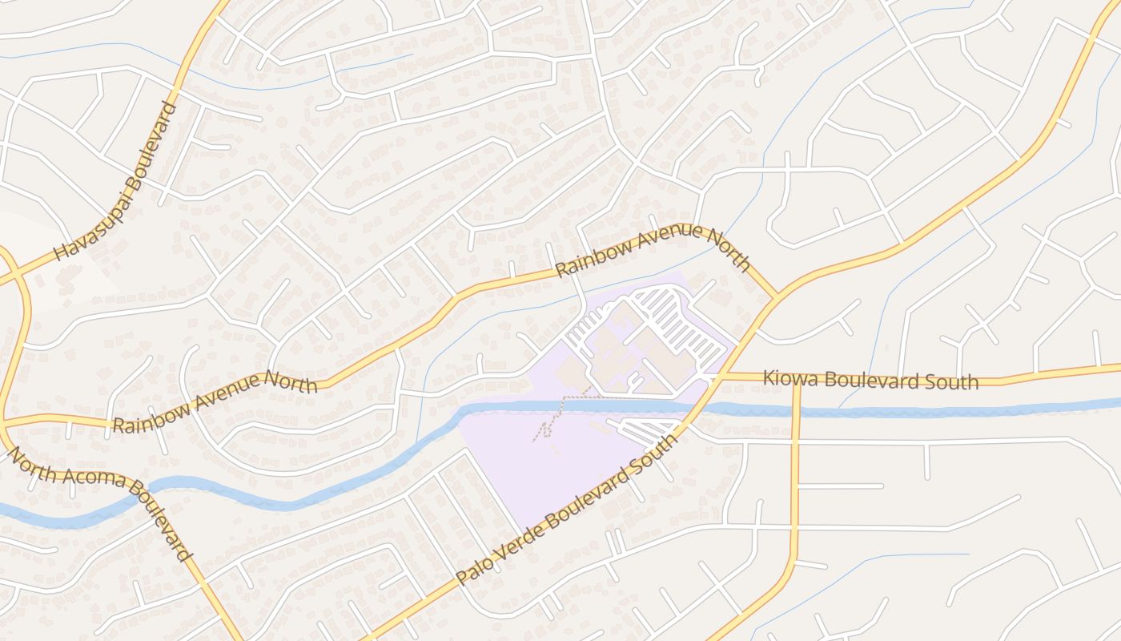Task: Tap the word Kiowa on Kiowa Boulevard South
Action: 787,377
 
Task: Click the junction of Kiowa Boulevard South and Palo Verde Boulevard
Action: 718,375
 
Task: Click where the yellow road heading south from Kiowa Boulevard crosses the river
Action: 796,412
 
